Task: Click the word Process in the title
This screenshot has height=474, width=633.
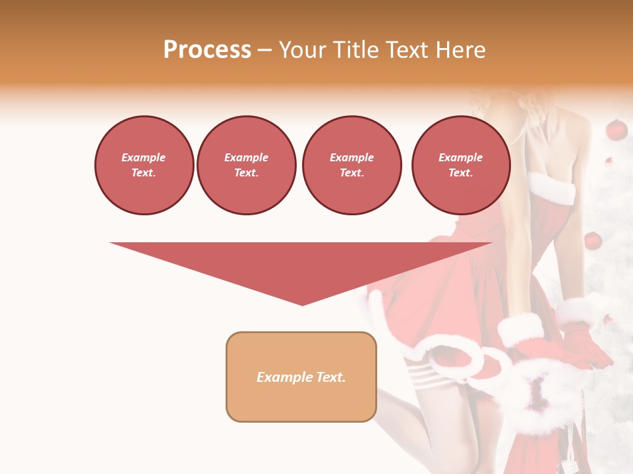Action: coord(207,50)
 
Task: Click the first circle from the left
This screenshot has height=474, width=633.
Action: coord(144,165)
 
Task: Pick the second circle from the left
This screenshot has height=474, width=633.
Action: coord(247,165)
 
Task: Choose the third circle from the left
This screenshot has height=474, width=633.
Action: coord(351,165)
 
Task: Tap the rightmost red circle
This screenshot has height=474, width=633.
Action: coord(460,165)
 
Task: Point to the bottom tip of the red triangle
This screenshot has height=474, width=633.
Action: coord(302,304)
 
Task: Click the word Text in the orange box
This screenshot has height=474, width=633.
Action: coord(332,377)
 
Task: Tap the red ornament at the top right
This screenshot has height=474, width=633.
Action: coord(616,130)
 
